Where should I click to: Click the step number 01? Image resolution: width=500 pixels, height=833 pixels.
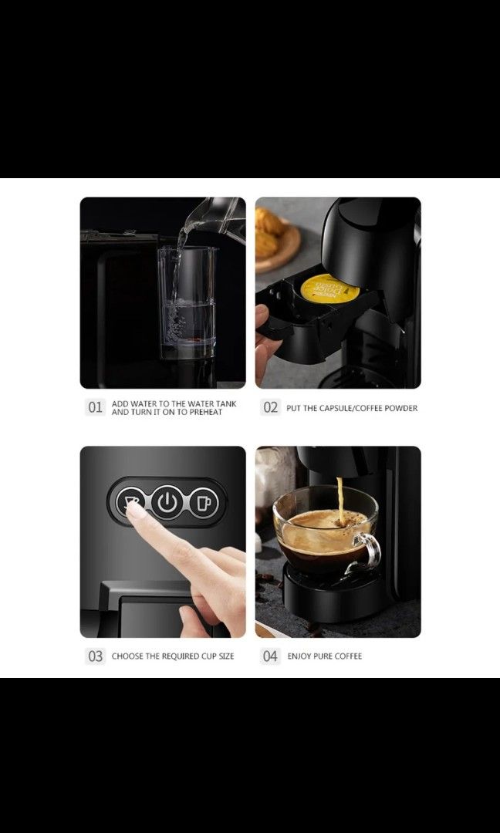95,408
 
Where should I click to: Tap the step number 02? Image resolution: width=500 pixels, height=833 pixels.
270,408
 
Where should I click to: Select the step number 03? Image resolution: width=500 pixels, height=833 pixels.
95,656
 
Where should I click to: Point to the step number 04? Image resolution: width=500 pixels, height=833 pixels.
270,656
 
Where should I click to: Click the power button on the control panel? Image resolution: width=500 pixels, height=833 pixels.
167,503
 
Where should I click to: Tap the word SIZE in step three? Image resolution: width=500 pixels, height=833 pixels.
225,656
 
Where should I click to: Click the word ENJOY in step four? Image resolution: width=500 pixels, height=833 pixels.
300,656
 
